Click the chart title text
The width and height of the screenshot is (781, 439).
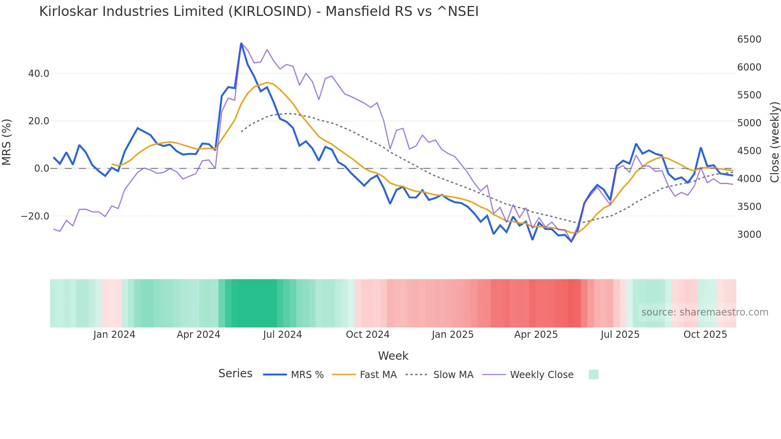coord(259,12)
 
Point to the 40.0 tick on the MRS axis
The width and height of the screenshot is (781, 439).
coord(39,74)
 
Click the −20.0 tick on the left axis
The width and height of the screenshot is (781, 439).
coord(35,216)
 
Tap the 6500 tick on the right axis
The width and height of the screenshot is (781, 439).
coord(749,39)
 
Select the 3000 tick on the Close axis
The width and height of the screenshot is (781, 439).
coord(749,235)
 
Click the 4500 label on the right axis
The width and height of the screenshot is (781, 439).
coord(749,151)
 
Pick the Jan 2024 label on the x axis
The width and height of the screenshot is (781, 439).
coord(114,335)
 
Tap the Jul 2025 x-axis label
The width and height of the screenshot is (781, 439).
coord(620,335)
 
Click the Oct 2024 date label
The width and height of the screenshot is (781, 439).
coord(367,335)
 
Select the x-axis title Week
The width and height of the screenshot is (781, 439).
coord(393,356)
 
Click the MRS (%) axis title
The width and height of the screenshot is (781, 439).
coord(7,142)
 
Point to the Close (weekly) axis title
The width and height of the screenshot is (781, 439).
coord(774,142)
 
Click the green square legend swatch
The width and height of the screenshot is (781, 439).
coord(593,374)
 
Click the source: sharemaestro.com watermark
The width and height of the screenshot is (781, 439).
coord(704,312)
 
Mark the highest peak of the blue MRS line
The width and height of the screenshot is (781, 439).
coord(241,43)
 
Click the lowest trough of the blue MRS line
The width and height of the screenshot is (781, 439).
coord(571,241)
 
